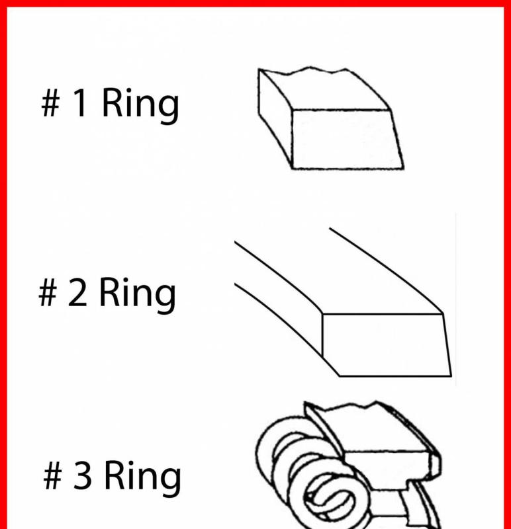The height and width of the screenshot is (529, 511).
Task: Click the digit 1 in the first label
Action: [x=80, y=102]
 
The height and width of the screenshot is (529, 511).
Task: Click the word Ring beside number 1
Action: [x=140, y=105]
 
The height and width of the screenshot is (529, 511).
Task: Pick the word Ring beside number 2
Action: [x=138, y=295]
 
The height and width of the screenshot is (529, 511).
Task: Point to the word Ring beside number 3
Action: [x=142, y=477]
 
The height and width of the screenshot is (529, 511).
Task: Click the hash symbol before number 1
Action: [x=51, y=102]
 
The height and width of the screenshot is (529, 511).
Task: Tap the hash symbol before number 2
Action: [x=48, y=292]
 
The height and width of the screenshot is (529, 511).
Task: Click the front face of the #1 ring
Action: [x=346, y=139]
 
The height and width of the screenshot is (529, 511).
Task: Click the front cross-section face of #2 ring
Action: [x=385, y=345]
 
